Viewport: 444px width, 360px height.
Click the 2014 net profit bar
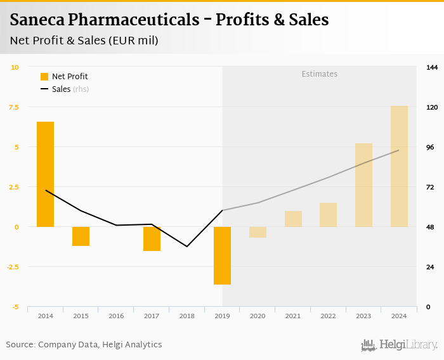click(45, 174)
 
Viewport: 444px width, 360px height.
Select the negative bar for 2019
click(222, 255)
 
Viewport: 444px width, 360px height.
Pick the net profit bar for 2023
click(363, 184)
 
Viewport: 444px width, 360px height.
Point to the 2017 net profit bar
click(152, 238)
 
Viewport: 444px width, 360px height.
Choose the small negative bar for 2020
click(258, 232)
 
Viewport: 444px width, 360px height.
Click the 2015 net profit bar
click(81, 236)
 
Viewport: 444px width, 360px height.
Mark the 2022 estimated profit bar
click(328, 214)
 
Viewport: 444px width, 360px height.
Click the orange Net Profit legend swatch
click(44, 77)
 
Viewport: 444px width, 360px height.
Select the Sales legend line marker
click(44, 89)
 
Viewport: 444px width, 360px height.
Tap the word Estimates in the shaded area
click(319, 74)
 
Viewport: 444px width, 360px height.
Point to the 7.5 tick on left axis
click(13, 107)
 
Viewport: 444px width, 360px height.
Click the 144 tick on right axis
click(432, 67)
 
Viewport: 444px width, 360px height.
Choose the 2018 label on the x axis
click(186, 316)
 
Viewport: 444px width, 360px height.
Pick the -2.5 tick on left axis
click(12, 267)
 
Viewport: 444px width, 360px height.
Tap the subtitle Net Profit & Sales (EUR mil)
click(84, 41)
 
